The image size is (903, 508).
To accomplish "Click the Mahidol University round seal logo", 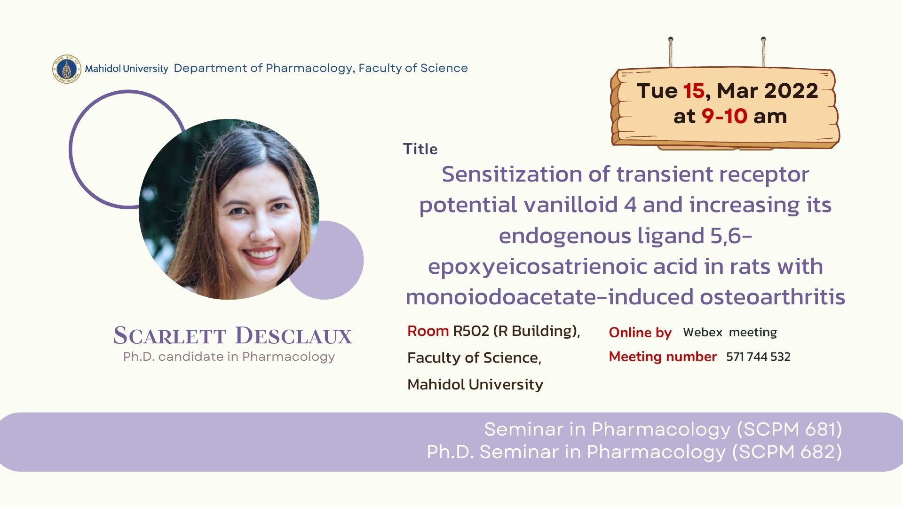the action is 66,69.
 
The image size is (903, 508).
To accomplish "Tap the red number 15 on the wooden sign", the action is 694,91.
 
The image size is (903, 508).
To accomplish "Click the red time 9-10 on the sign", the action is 724,116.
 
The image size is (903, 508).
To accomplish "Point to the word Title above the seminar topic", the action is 420,149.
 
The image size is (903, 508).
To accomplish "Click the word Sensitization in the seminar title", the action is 512,174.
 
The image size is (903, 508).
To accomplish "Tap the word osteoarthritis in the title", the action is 772,297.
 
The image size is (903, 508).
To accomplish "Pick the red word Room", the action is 428,331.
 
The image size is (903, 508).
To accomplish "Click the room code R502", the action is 471,331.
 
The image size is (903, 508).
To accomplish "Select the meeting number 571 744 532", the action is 758,357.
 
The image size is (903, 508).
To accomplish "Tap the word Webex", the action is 703,332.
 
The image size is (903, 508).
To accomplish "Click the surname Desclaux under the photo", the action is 293,335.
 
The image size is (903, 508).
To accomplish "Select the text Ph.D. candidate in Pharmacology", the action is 229,357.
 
